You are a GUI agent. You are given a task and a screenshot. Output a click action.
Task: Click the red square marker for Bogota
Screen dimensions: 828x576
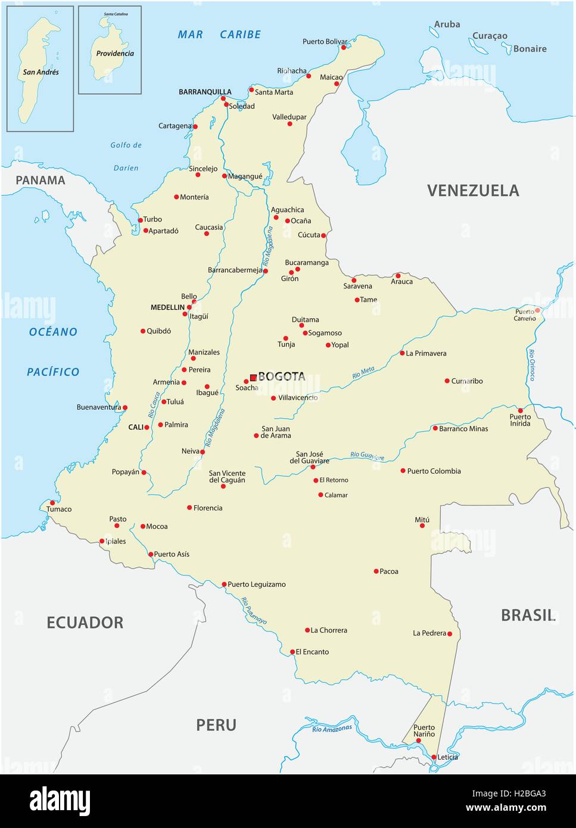(253, 377)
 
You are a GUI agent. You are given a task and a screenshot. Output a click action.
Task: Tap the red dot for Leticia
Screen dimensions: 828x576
(434, 757)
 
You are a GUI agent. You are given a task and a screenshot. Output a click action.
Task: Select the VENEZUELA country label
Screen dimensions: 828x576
(473, 191)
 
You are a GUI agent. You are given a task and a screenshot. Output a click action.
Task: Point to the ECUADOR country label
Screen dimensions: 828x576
(85, 622)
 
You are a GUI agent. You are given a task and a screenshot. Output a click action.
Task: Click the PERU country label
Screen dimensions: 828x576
(216, 725)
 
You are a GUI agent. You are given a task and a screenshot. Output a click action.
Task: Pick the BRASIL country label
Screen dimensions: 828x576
(528, 615)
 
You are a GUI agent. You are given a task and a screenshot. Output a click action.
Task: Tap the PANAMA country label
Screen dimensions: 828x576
(41, 180)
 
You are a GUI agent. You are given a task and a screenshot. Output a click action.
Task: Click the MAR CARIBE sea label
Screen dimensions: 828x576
(219, 35)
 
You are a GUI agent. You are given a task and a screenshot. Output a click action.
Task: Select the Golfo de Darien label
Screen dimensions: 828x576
(126, 156)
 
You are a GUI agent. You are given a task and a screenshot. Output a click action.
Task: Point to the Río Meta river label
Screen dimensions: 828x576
(363, 373)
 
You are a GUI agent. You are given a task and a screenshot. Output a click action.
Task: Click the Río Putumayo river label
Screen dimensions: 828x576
(254, 611)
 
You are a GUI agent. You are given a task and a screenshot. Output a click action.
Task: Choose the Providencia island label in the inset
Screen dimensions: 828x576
(115, 53)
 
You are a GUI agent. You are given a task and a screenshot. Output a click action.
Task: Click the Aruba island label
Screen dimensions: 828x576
(447, 24)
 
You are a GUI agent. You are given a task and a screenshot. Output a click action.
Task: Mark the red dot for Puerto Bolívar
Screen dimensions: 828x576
(344, 47)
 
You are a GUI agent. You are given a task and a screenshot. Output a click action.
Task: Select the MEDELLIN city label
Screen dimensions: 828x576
(167, 307)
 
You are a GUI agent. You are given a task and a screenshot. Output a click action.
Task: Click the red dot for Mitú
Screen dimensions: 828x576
(422, 526)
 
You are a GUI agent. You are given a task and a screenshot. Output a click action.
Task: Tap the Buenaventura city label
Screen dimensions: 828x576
(99, 407)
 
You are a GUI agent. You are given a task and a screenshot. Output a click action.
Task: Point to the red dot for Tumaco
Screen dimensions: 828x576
(52, 503)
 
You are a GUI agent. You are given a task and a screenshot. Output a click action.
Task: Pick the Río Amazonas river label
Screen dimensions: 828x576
(332, 728)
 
